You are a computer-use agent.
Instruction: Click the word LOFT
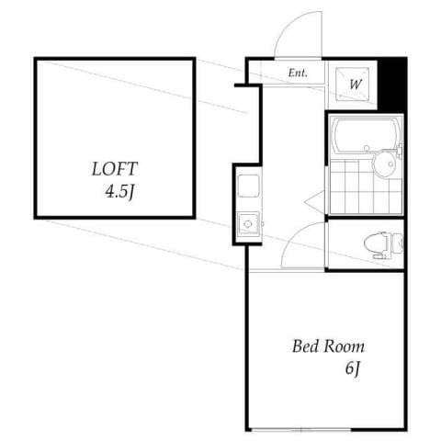pyautogui.click(x=114, y=169)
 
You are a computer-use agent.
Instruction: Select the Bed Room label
pyautogui.click(x=328, y=347)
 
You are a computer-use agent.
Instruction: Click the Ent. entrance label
pyautogui.click(x=298, y=73)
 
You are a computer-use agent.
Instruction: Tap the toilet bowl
pyautogui.click(x=378, y=243)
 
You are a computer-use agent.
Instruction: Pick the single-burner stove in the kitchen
pyautogui.click(x=247, y=222)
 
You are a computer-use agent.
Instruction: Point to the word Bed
pyautogui.click(x=305, y=347)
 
